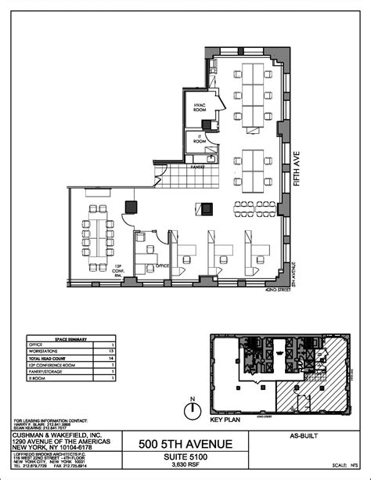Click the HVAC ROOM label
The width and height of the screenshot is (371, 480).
tap(194, 109)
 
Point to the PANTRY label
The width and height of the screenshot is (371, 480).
tap(197, 166)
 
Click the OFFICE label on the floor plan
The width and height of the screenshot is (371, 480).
tap(163, 265)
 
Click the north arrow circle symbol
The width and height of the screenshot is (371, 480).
tap(190, 407)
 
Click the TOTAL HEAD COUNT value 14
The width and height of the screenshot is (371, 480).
tap(112, 357)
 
